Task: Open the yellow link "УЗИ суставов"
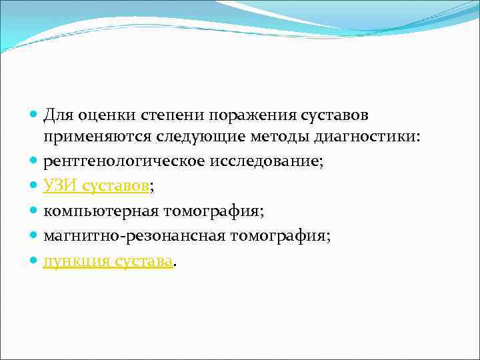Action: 97,187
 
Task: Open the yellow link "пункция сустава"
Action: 108,260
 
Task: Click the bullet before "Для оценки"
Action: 33,115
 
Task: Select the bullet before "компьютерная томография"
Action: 33,212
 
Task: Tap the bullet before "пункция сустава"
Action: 33,261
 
